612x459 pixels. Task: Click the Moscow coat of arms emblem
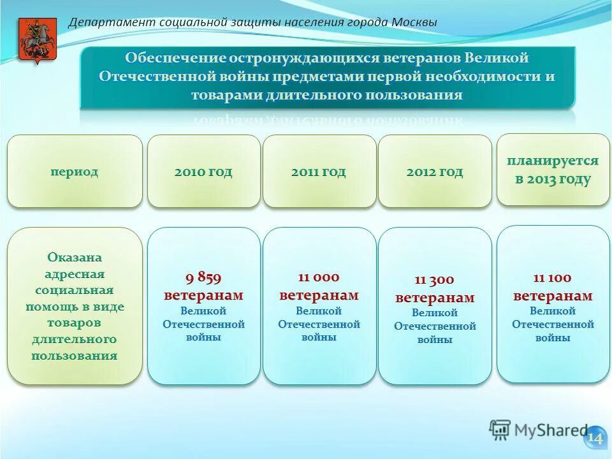[29, 40]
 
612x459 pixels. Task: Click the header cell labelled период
[75, 172]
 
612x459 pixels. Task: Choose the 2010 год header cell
[203, 171]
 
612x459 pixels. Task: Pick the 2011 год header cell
[319, 171]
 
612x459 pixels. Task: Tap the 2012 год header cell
[435, 171]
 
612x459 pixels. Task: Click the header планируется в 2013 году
[553, 170]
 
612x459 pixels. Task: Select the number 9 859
[203, 277]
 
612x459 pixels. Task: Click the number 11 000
[319, 277]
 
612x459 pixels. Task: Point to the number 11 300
[435, 280]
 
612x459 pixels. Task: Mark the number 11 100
[553, 278]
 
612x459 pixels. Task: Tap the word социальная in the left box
[75, 290]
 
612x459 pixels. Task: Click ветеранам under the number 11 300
[435, 298]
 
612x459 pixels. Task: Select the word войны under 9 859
[203, 337]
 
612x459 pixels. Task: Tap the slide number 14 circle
[594, 438]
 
